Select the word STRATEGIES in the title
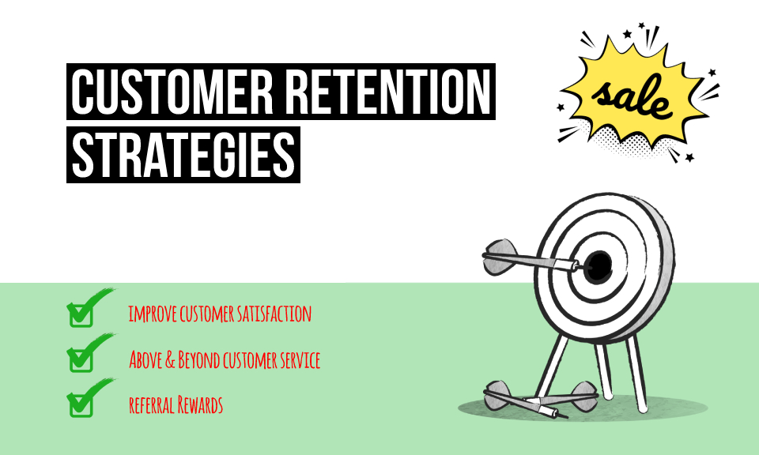point(183,155)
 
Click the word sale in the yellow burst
point(633,96)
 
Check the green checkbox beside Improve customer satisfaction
point(81,314)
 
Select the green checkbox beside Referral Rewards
point(81,405)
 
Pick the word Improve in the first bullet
point(153,314)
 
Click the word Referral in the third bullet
point(150,406)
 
